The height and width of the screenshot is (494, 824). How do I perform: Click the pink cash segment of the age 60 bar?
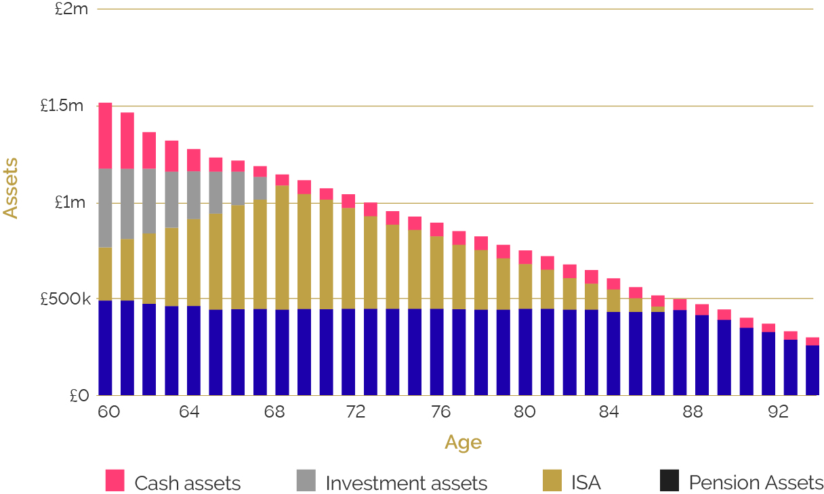pos(105,135)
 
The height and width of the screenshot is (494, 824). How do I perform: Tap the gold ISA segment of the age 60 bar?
pos(105,273)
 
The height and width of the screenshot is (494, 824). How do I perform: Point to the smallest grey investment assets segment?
pos(260,188)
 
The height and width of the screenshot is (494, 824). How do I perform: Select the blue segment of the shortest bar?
pos(812,370)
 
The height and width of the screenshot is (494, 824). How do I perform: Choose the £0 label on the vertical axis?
pos(79,396)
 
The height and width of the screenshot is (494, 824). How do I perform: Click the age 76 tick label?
pos(440,412)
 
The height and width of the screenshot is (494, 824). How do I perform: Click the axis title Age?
pos(463,443)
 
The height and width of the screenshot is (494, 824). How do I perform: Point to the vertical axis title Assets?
pos(11,187)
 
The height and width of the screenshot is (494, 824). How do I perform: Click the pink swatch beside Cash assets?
pos(115,480)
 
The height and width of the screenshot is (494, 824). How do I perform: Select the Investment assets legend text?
pos(406,483)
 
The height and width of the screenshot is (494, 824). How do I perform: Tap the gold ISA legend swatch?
pos(552,480)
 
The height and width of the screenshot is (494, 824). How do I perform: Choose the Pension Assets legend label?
pos(756,483)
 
